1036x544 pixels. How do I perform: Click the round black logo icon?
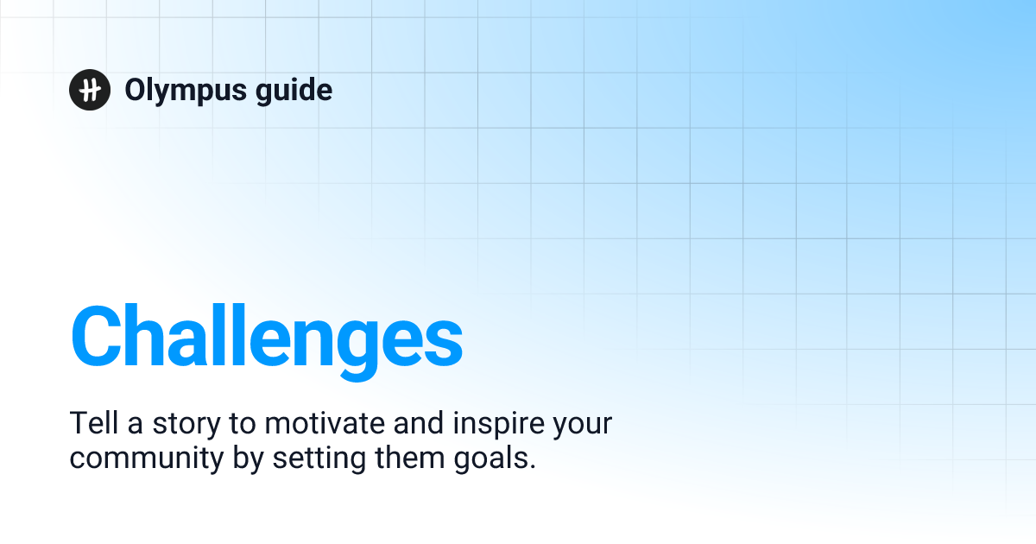[90, 90]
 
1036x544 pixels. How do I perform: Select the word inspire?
[495, 426]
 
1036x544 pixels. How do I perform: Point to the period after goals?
[532, 467]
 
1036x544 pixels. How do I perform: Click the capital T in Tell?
[77, 424]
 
